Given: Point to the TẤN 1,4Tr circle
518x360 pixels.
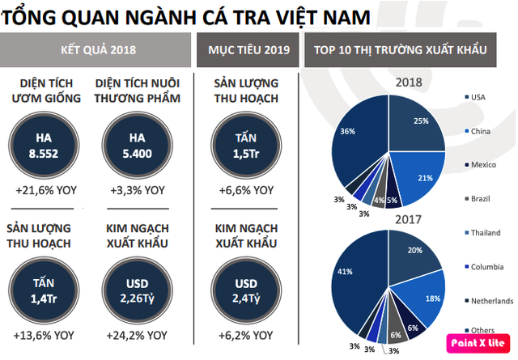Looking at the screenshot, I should click(x=46, y=292).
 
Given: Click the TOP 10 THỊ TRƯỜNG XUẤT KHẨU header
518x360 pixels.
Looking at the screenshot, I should click(x=405, y=51).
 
